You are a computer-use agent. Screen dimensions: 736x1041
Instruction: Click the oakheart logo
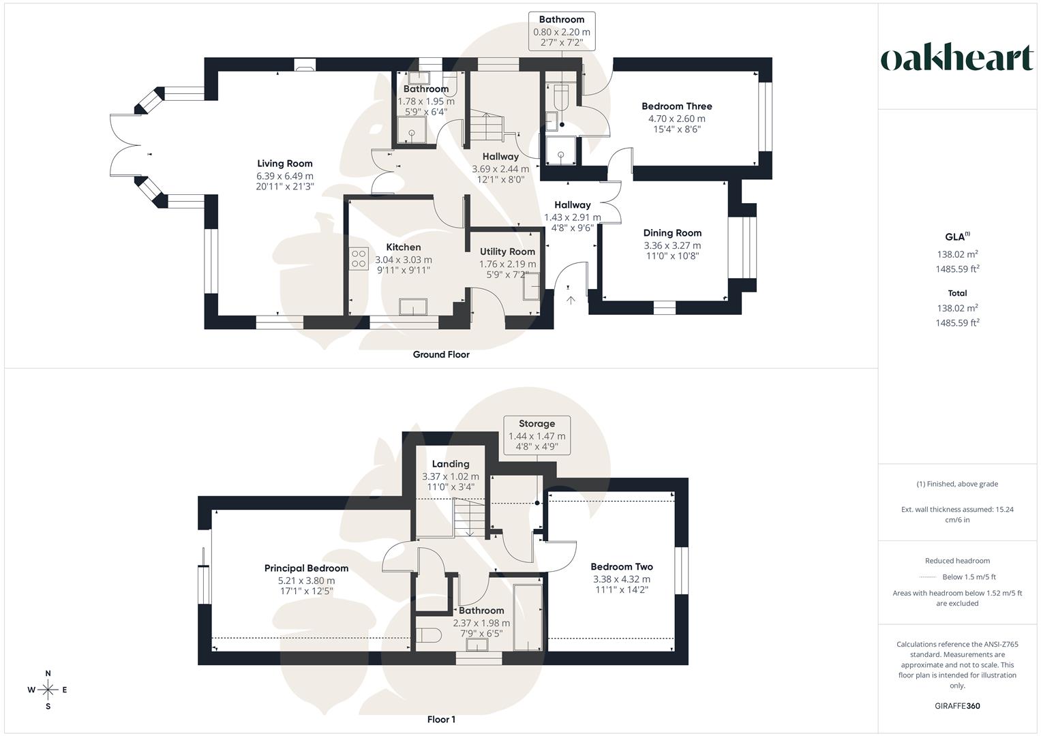[956, 59]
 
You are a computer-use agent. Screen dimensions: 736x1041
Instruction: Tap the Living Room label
[285, 164]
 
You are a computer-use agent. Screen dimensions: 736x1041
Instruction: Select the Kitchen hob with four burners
[359, 258]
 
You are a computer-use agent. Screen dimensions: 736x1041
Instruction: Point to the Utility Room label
[507, 252]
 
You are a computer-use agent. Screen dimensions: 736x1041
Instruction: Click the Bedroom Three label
[676, 106]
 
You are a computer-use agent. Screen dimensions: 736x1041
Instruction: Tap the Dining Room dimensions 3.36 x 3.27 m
[672, 245]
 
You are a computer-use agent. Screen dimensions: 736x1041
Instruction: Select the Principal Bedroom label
[306, 568]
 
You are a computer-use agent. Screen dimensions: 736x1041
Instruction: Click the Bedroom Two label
[621, 567]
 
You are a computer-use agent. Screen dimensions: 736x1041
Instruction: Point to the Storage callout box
[537, 435]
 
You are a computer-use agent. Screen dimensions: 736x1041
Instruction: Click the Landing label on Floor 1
[450, 464]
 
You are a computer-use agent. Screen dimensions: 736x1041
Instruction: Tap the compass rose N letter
[48, 673]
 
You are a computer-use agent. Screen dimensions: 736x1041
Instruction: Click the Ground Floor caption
[441, 354]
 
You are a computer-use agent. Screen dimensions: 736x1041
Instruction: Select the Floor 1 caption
[441, 720]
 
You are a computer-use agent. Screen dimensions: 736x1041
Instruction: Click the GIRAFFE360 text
[957, 706]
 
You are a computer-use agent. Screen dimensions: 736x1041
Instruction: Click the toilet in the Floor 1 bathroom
[427, 636]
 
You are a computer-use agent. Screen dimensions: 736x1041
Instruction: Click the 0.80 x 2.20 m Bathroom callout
[561, 31]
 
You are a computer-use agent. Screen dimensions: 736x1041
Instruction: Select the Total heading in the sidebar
[957, 293]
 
